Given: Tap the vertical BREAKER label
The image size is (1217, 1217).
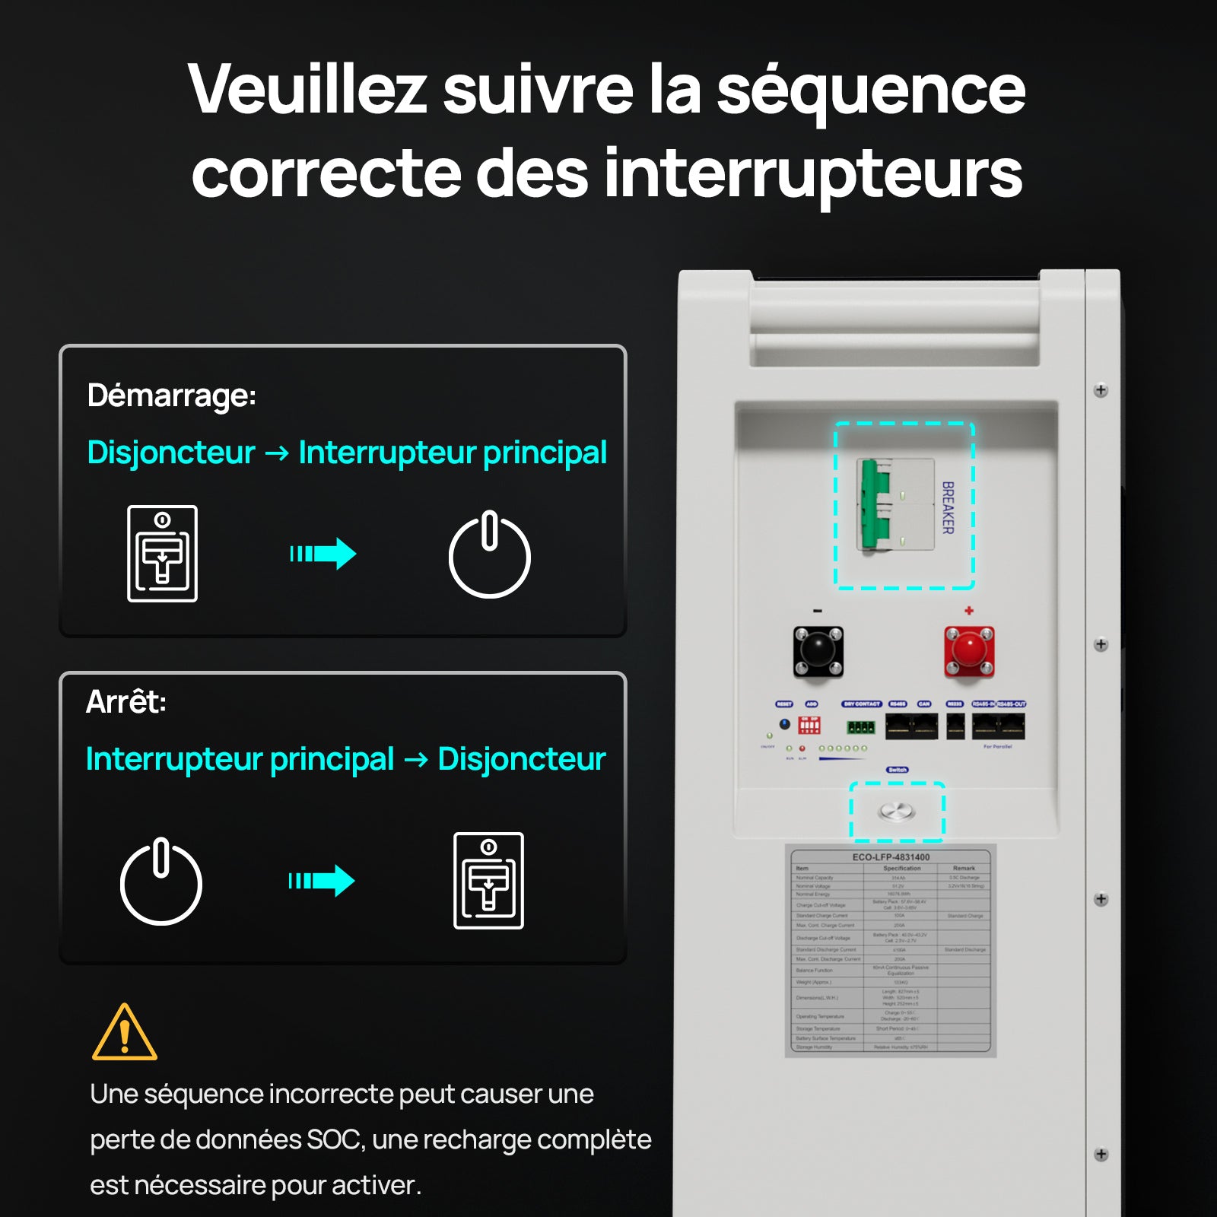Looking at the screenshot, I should tap(948, 507).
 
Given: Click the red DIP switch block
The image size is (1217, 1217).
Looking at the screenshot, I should tap(809, 725).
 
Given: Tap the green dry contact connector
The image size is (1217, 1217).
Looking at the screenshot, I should tap(861, 727).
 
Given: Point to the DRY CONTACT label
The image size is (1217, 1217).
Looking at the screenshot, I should tap(861, 704).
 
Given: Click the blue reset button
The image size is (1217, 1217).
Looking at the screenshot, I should tap(785, 724).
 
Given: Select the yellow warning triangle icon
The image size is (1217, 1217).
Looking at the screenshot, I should tap(124, 1033).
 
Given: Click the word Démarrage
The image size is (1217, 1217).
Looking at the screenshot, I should tap(171, 396).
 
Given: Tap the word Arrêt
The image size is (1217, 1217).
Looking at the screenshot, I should tap(126, 701).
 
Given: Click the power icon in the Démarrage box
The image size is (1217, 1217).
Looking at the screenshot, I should tap(489, 554).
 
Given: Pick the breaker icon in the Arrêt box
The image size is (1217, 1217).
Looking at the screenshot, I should tap(488, 881).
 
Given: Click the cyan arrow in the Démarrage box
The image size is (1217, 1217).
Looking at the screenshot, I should tap(323, 554).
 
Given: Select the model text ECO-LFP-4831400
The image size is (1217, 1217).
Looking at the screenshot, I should tap(891, 857).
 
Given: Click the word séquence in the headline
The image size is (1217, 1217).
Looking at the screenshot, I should tap(871, 90).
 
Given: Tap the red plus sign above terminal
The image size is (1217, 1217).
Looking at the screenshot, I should tap(968, 611).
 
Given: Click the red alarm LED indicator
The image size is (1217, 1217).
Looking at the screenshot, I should tap(802, 748).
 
